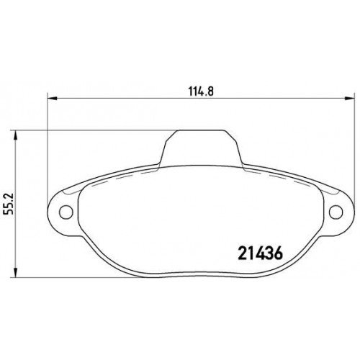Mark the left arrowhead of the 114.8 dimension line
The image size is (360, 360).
point(51,101)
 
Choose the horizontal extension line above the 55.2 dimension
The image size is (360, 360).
point(86,130)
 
